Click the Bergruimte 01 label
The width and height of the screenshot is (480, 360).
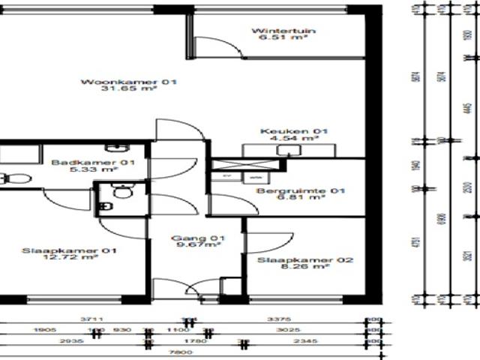coord(301,192)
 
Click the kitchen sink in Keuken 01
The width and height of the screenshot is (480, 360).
coord(285,149)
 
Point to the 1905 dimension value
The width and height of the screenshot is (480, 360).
coord(46,329)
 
